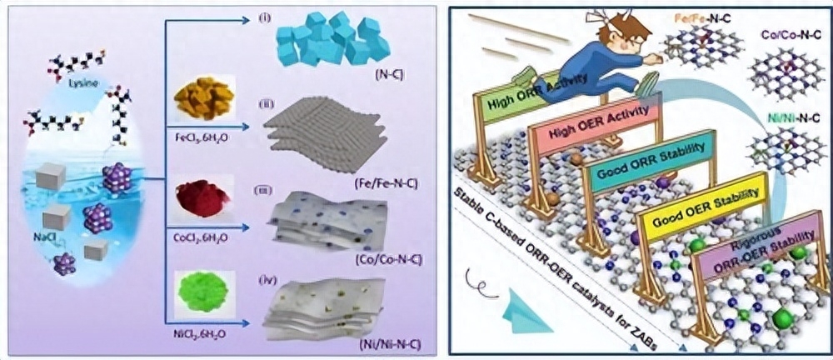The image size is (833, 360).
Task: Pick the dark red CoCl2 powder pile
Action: tap(200, 202)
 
